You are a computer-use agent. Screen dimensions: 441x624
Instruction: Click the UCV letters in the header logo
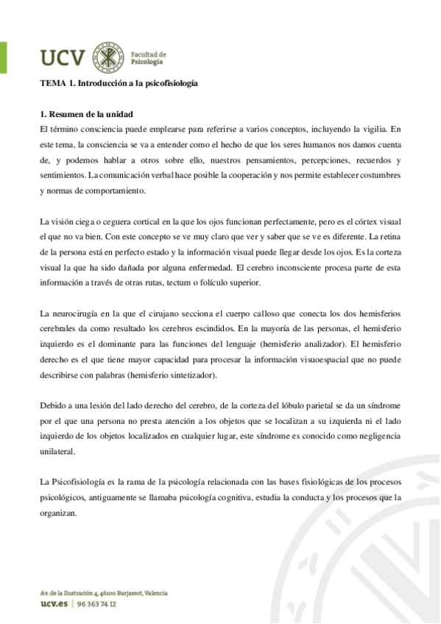tap(63, 56)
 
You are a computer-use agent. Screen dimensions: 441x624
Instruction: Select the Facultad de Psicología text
tap(148, 57)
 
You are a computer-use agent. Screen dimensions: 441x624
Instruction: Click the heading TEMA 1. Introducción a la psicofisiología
tap(119, 84)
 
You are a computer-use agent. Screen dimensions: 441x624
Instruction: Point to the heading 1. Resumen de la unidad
tap(86, 115)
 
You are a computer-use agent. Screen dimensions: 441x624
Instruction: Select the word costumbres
tap(374, 175)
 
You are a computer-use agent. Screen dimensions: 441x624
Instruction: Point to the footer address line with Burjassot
tap(104, 592)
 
